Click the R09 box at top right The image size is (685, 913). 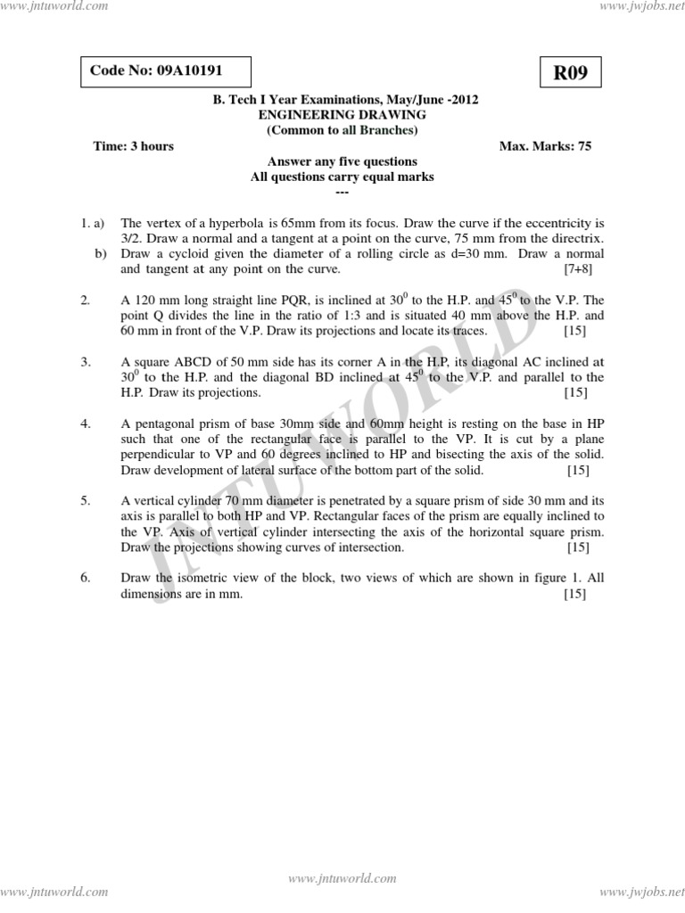click(x=571, y=73)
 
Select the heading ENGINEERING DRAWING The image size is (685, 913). click(x=342, y=115)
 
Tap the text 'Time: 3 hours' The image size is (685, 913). click(x=134, y=146)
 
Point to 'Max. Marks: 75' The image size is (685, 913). click(x=546, y=146)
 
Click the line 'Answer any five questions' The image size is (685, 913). click(x=342, y=162)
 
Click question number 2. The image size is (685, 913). click(x=86, y=300)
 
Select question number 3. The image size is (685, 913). click(x=86, y=362)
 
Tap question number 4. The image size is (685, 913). click(x=86, y=424)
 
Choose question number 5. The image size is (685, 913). click(x=86, y=501)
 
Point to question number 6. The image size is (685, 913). click(x=86, y=578)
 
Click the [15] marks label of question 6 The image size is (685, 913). click(x=574, y=594)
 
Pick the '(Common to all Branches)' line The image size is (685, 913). click(x=342, y=130)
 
